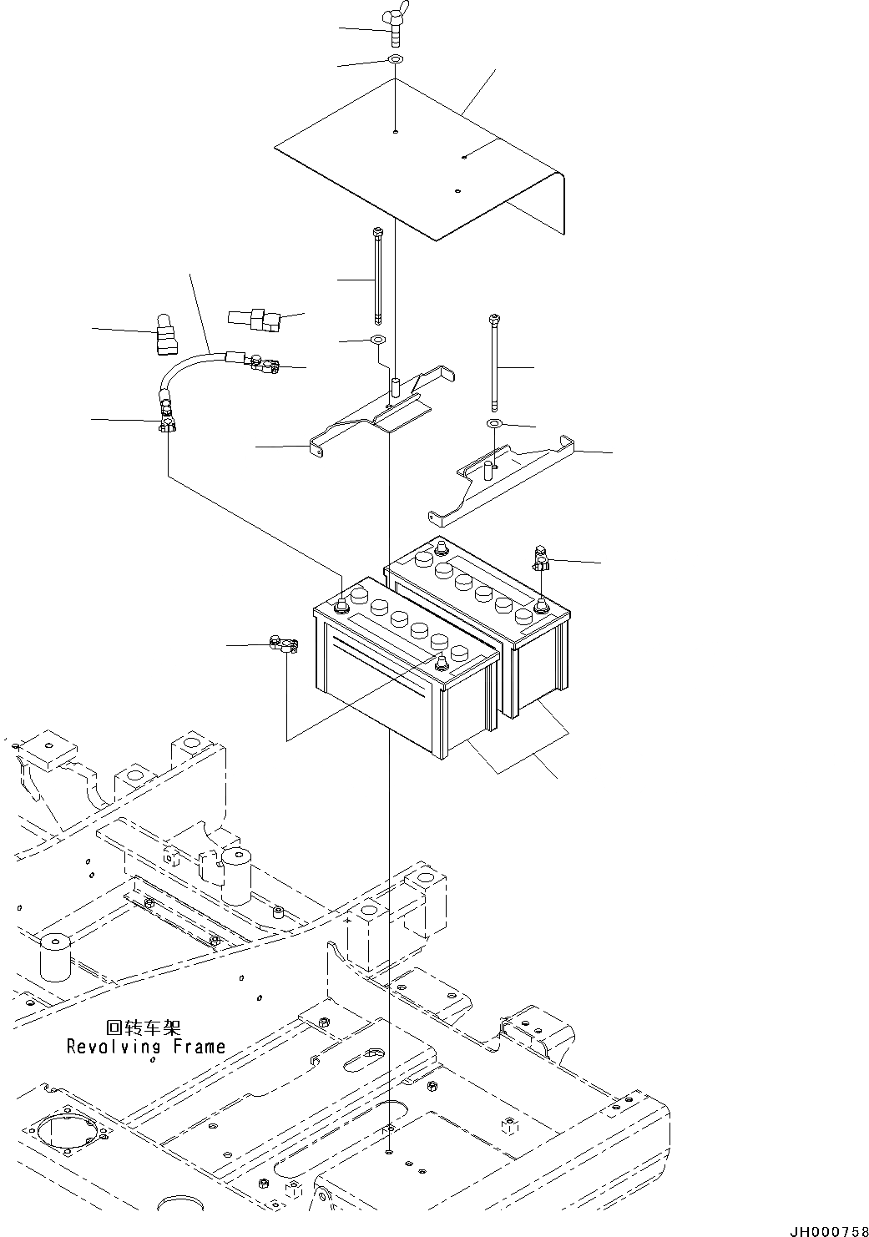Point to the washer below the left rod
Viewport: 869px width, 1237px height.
coord(376,341)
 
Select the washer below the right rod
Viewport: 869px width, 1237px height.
coord(494,425)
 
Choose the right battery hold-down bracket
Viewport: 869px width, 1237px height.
coord(509,480)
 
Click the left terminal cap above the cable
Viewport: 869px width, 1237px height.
coord(163,335)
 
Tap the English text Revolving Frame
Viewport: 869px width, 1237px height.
coord(146,1046)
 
